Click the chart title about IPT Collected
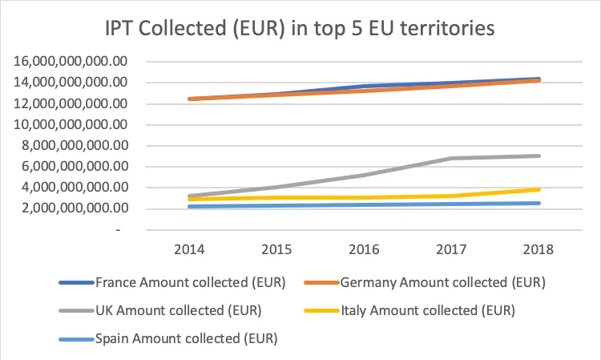[300, 28]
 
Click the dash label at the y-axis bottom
[118, 230]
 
